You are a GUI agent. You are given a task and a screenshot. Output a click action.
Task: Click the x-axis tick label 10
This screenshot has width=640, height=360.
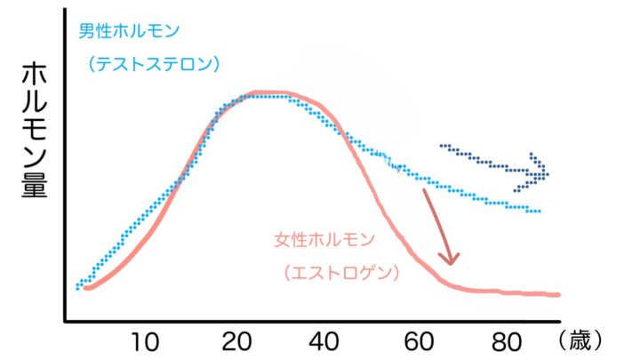(x=147, y=340)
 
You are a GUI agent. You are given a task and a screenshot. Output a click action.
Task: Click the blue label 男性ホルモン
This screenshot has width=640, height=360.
(x=129, y=31)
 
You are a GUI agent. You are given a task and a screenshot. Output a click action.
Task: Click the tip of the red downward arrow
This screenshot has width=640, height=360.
(x=452, y=263)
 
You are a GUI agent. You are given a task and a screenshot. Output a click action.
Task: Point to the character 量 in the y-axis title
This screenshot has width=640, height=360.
(x=34, y=183)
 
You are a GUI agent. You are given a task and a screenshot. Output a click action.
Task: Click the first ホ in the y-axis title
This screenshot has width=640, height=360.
(x=34, y=75)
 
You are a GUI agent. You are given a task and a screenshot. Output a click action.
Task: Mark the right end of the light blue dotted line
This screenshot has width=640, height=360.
(x=540, y=212)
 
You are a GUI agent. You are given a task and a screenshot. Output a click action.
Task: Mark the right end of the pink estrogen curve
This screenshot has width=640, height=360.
(x=558, y=294)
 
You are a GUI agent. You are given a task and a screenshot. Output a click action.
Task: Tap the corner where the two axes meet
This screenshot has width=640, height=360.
(x=65, y=321)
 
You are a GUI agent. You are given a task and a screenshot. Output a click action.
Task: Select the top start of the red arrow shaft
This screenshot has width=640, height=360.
(x=424, y=189)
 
